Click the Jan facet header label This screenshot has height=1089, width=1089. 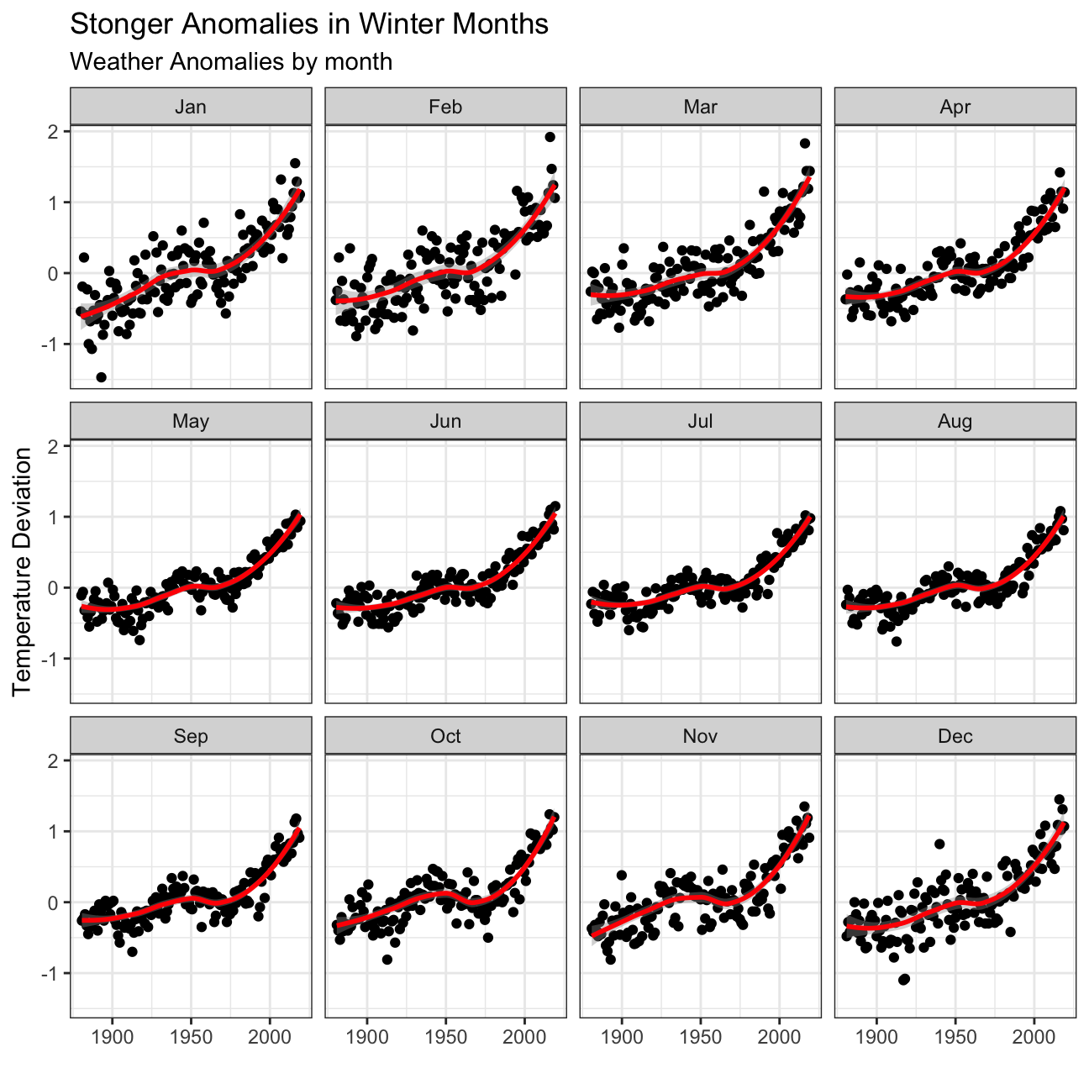pyautogui.click(x=191, y=107)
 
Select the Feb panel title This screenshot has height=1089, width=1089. pyautogui.click(x=445, y=107)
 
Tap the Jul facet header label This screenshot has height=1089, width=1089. pyautogui.click(x=700, y=421)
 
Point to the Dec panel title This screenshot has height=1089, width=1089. pyautogui.click(x=955, y=736)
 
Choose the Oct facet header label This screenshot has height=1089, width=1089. pyautogui.click(x=445, y=736)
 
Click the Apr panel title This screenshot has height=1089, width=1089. pyautogui.click(x=955, y=107)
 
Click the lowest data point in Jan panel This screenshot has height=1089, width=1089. pyautogui.click(x=101, y=376)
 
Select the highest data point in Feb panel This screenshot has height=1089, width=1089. pyautogui.click(x=550, y=137)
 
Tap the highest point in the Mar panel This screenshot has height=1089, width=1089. pyautogui.click(x=804, y=144)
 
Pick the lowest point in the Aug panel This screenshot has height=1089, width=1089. pyautogui.click(x=897, y=641)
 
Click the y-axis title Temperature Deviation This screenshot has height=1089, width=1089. pyautogui.click(x=23, y=571)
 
